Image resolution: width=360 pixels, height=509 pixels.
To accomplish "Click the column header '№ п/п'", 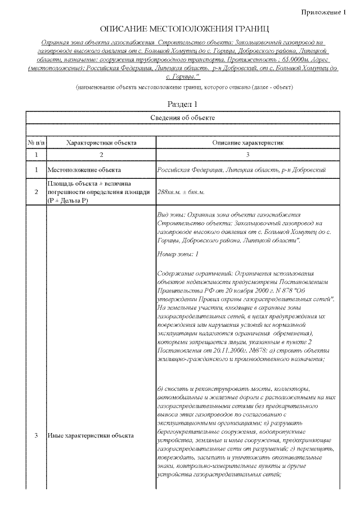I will [36, 143].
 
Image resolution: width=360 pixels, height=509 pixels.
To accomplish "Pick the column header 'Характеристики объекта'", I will [101, 143].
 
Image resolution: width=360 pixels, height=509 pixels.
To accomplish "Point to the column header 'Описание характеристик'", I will [247, 143].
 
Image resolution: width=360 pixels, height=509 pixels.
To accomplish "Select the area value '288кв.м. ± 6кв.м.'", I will [181, 192].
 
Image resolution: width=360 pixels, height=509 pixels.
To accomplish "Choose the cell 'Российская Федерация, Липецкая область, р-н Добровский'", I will [242, 170].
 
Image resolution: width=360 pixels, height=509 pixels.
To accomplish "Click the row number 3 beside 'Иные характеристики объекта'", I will [36, 435].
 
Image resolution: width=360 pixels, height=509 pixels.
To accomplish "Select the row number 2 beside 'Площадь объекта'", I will [36, 192].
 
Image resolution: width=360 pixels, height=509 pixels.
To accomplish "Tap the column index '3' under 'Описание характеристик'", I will [247, 154].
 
